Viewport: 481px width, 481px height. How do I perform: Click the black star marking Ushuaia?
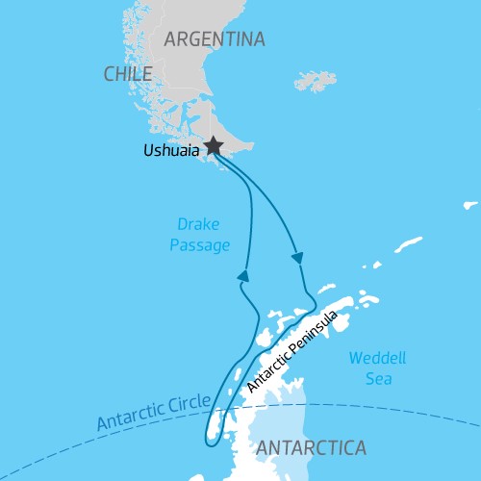click(213, 145)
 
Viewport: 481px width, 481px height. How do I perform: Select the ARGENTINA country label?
click(215, 39)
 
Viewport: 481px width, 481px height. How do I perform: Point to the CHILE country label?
click(128, 74)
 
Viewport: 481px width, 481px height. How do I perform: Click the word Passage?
click(200, 245)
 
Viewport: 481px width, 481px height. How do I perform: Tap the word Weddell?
click(377, 358)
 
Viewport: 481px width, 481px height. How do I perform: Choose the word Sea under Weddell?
click(377, 378)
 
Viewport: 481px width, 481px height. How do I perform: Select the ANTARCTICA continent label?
click(311, 447)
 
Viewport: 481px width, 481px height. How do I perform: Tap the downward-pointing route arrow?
click(297, 258)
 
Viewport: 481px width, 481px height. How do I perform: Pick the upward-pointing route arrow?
click(243, 275)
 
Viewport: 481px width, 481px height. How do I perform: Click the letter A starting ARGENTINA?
click(171, 39)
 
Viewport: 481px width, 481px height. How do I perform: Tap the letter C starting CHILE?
click(109, 74)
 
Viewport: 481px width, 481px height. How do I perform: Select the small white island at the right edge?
click(469, 204)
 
